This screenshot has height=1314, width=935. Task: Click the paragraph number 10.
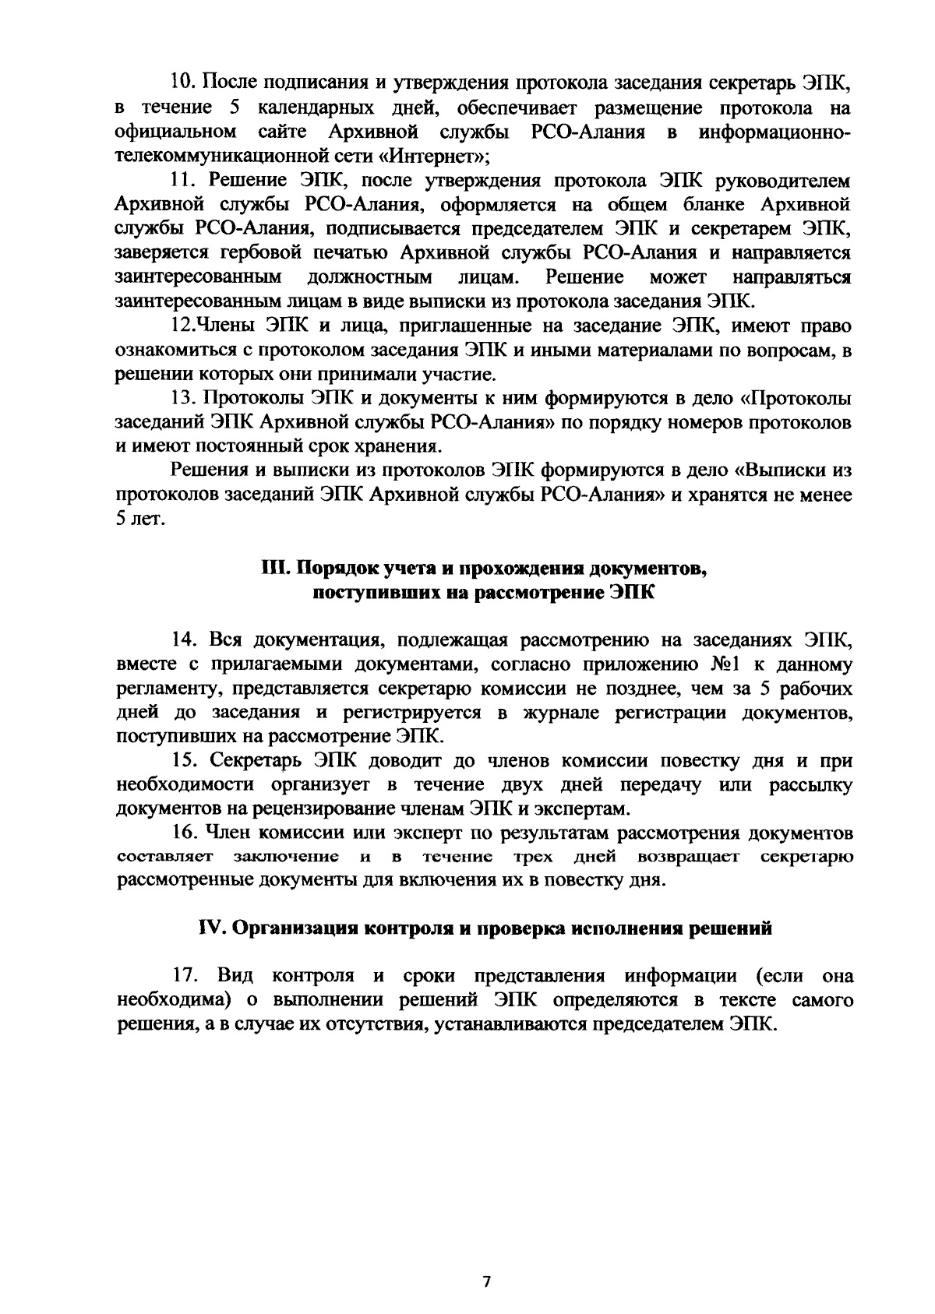pos(184,82)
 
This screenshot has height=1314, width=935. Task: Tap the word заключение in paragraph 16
pos(285,858)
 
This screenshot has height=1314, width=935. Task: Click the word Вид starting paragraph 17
pos(231,975)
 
